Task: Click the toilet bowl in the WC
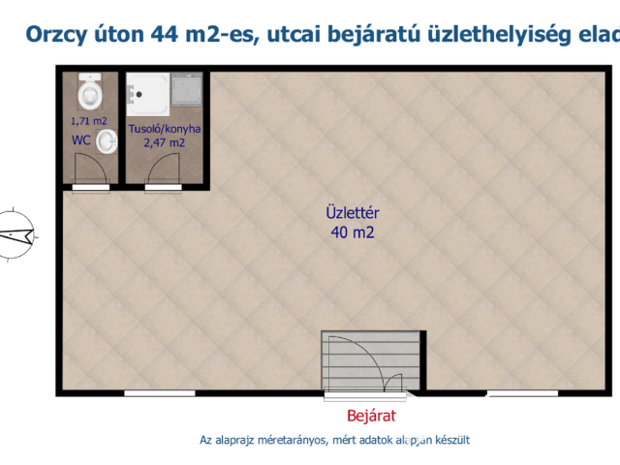[90, 94]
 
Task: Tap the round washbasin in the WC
[108, 143]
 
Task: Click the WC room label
[81, 140]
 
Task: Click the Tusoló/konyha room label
[165, 129]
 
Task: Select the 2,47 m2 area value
[165, 142]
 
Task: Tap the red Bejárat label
[373, 417]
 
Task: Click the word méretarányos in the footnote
[297, 440]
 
